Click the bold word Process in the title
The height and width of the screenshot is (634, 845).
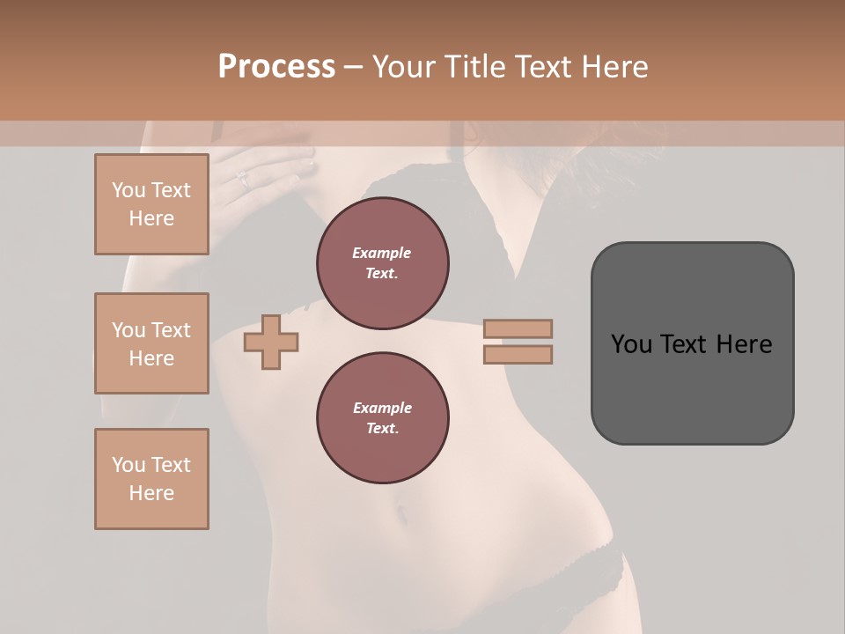[276, 67]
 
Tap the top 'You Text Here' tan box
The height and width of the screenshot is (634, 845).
[151, 204]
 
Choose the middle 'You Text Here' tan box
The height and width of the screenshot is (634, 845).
[151, 343]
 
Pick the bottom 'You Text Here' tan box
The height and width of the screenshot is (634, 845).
[151, 479]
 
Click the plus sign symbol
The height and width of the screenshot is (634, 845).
[271, 342]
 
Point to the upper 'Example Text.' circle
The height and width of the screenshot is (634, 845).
[382, 263]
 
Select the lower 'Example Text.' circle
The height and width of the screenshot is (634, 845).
[382, 418]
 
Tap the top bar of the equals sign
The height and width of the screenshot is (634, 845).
[518, 329]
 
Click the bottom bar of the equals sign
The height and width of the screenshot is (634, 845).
[518, 355]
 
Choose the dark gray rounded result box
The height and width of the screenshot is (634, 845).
[692, 343]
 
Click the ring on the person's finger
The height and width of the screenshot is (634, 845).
[243, 179]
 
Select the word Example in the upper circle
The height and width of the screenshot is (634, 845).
[382, 254]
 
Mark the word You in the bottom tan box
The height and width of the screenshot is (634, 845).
[128, 465]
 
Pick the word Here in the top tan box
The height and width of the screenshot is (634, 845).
[151, 218]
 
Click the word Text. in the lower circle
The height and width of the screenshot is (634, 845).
[382, 429]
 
